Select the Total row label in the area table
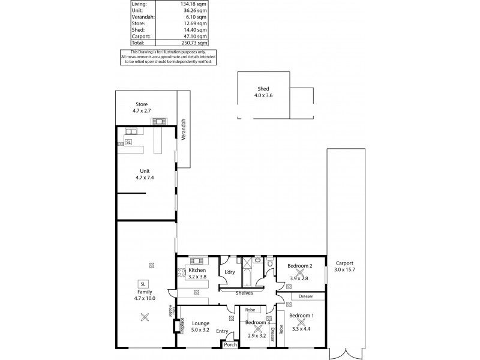click(138, 43)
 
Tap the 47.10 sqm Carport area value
click(196, 36)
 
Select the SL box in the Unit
click(128, 142)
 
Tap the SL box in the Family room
click(143, 284)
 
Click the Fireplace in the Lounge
click(175, 326)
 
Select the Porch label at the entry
click(230, 344)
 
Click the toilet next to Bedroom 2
click(271, 263)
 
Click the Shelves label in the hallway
click(244, 293)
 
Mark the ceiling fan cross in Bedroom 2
click(301, 272)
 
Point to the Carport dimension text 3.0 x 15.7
click(345, 269)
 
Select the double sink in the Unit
click(130, 131)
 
